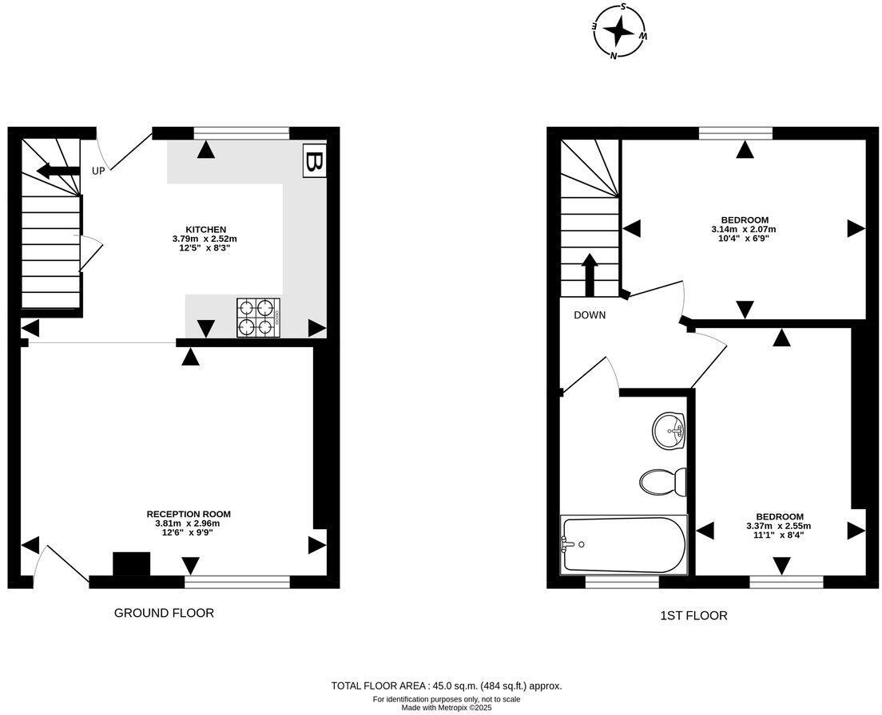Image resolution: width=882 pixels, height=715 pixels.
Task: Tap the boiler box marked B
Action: coord(314,163)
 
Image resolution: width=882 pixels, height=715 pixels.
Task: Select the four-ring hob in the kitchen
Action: coord(258,316)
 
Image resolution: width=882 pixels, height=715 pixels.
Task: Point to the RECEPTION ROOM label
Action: coord(189,514)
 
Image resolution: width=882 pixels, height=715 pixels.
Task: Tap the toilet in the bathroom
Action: coord(663,481)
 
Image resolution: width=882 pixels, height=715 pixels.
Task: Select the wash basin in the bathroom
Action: coord(669,432)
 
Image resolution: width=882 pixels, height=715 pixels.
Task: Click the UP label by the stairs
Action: coord(98,171)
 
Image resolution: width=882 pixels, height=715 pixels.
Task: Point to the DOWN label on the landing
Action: coord(590,315)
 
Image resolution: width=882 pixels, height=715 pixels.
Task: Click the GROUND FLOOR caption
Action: coord(164,613)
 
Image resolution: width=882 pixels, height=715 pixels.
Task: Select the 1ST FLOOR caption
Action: coord(693,615)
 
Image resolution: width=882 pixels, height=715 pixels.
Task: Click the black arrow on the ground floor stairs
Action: coord(58,170)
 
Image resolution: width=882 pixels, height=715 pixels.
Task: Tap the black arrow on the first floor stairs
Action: coord(589,275)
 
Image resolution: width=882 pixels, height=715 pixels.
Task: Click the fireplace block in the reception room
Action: coord(131,563)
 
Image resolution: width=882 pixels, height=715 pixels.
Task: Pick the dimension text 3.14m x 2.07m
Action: coord(744,229)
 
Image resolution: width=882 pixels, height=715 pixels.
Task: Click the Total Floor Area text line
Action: coord(447,685)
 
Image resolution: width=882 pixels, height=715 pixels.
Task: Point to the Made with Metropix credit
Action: coord(447,707)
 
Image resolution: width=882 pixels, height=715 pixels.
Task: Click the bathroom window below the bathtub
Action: coord(622,583)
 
